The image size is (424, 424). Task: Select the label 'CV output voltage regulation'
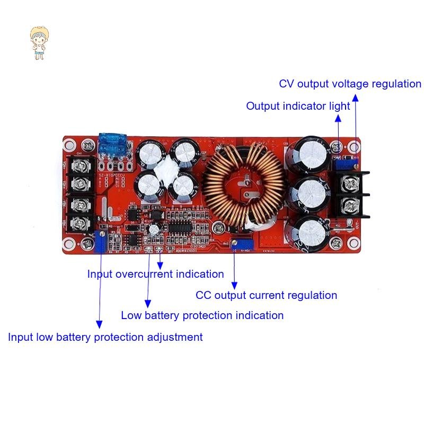(x=350, y=84)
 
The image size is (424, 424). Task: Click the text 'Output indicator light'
(x=298, y=106)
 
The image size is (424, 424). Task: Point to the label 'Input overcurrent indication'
(x=155, y=274)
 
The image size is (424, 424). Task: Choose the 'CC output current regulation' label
(x=266, y=295)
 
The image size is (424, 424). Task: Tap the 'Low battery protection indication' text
(x=202, y=315)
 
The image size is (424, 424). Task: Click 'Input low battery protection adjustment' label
(x=105, y=337)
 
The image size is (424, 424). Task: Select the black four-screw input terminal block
(x=83, y=193)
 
